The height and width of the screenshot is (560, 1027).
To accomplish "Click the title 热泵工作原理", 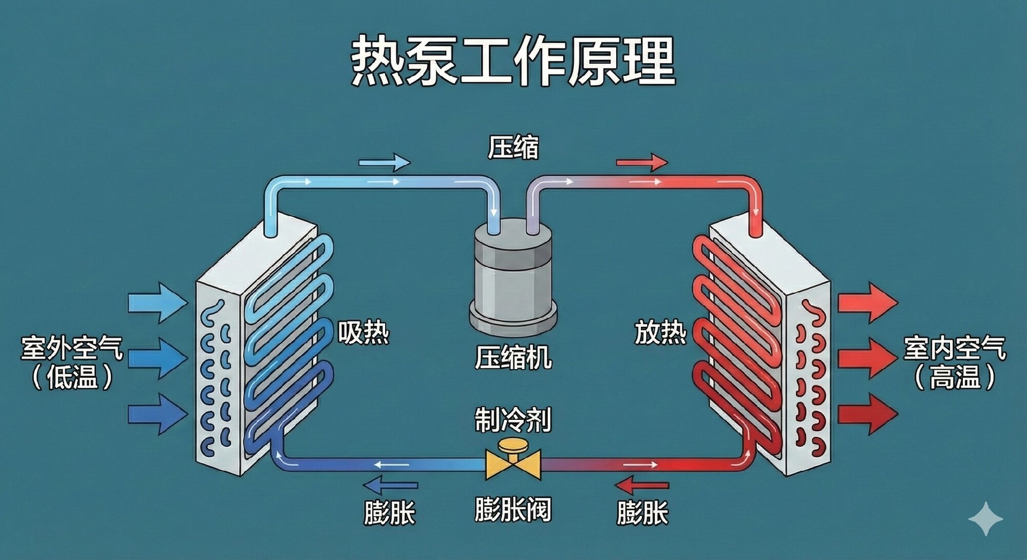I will pyautogui.click(x=512, y=60).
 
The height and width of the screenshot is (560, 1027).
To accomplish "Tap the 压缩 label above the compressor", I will pyautogui.click(x=513, y=147).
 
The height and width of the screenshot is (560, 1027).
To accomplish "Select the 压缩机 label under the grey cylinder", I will pyautogui.click(x=513, y=357).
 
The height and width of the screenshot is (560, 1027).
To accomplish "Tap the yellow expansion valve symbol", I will pyautogui.click(x=513, y=461).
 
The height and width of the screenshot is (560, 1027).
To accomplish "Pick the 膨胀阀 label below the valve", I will pyautogui.click(x=513, y=509).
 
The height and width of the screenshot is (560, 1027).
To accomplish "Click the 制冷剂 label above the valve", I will pyautogui.click(x=513, y=420).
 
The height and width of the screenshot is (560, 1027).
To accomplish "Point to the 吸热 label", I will pyautogui.click(x=363, y=333).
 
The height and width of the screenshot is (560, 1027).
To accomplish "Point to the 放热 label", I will pyautogui.click(x=660, y=333).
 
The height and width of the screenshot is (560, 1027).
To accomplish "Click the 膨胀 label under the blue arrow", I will pyautogui.click(x=389, y=513).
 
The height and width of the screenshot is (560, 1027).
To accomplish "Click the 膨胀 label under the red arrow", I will pyautogui.click(x=642, y=513).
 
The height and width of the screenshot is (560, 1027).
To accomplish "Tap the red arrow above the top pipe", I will pyautogui.click(x=642, y=162).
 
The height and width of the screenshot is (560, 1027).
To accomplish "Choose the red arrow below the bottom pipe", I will pyautogui.click(x=642, y=486).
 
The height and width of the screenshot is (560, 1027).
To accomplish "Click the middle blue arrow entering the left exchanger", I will pyautogui.click(x=158, y=358).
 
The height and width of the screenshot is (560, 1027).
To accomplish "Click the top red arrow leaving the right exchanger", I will pyautogui.click(x=867, y=303).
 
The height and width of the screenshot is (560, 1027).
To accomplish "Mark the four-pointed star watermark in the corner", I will pyautogui.click(x=985, y=518).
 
